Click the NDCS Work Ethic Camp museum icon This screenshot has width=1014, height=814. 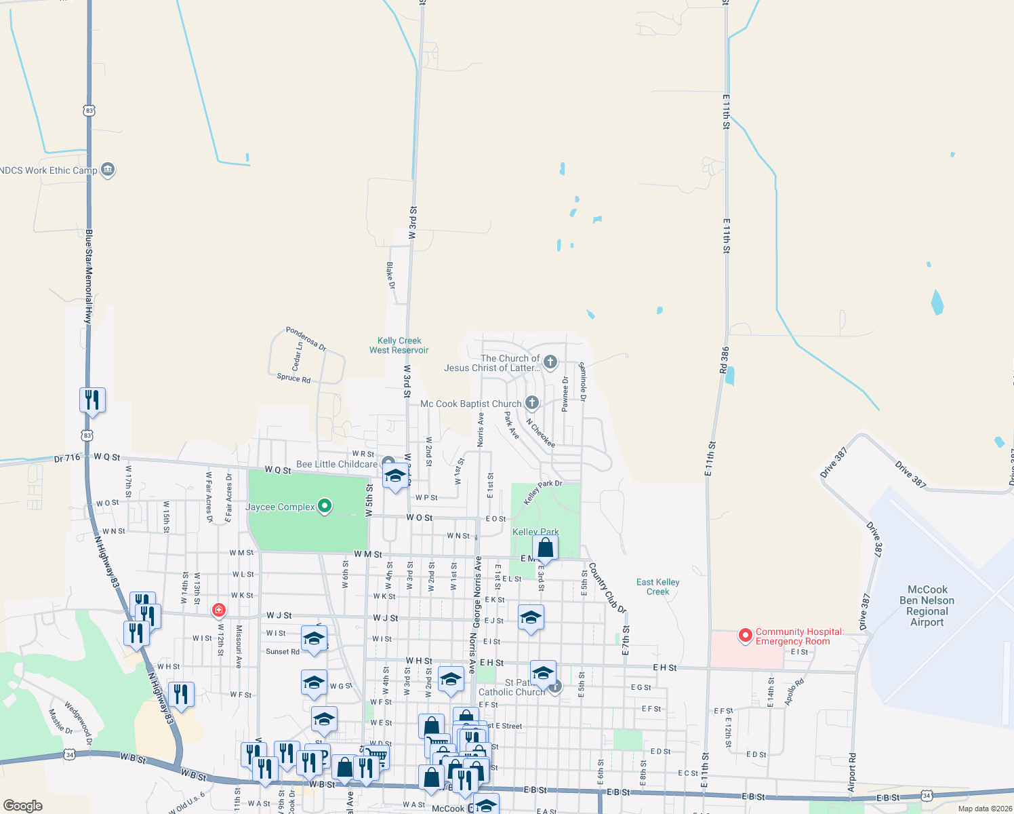pyautogui.click(x=107, y=170)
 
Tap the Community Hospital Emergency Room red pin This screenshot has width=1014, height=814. pyautogui.click(x=746, y=636)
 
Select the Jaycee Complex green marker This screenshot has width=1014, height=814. pyautogui.click(x=325, y=506)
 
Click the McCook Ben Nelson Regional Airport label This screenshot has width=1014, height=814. pyautogui.click(x=927, y=606)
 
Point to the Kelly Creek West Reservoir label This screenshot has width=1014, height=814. pyautogui.click(x=399, y=345)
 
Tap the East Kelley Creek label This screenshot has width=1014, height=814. pyautogui.click(x=657, y=587)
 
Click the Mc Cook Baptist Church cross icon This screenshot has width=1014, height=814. pyautogui.click(x=532, y=403)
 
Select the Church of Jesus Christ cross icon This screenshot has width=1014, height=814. pyautogui.click(x=550, y=362)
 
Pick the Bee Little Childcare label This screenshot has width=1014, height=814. pyautogui.click(x=337, y=464)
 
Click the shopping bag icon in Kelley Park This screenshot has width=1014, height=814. pyautogui.click(x=545, y=547)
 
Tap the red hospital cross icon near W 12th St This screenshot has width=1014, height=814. pyautogui.click(x=218, y=610)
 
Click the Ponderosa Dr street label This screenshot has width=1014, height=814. pyautogui.click(x=306, y=338)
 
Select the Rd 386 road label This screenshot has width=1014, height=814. pyautogui.click(x=725, y=361)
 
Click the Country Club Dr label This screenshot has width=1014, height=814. pyautogui.click(x=607, y=588)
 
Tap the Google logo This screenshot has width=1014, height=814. pyautogui.click(x=23, y=806)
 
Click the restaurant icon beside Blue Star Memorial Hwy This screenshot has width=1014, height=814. pyautogui.click(x=92, y=400)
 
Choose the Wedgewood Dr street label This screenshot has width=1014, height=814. pyautogui.click(x=78, y=722)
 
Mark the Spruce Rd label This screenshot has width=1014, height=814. pyautogui.click(x=293, y=378)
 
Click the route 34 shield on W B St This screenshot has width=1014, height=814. pyautogui.click(x=69, y=754)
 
